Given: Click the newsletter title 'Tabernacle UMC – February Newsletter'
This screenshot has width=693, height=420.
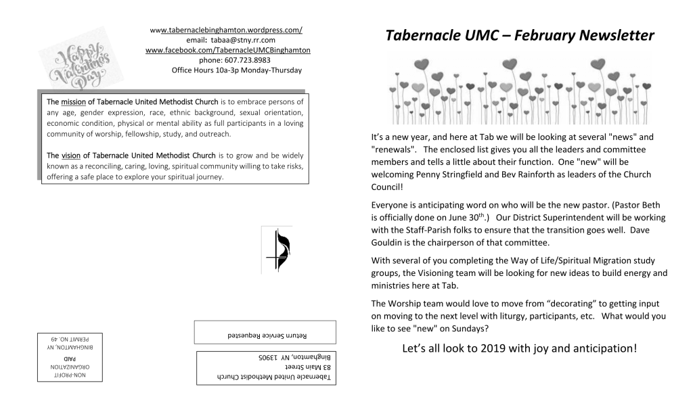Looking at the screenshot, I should [x=520, y=35].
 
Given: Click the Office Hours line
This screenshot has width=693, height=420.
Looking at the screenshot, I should [x=236, y=70].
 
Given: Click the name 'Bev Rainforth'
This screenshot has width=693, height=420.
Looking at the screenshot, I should [x=534, y=174].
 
